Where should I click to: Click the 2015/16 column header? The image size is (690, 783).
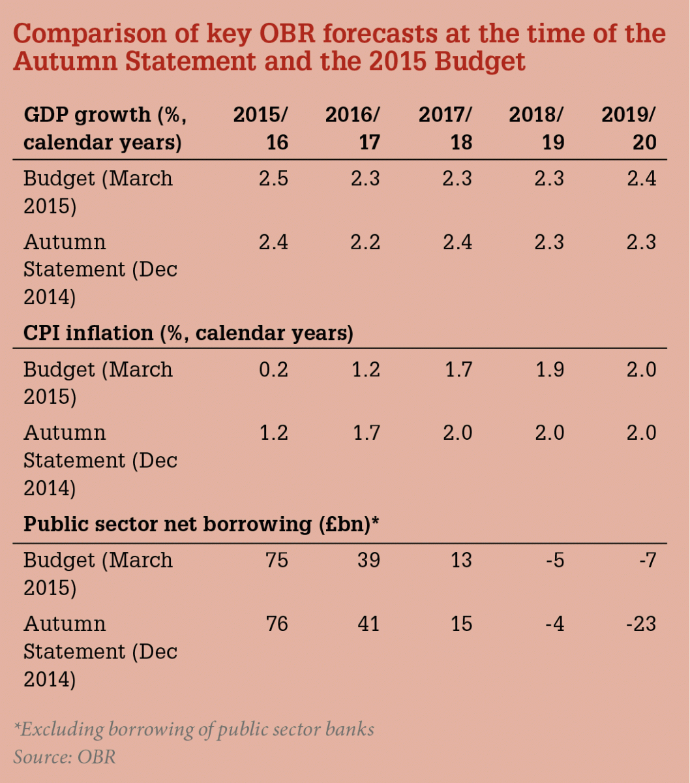[261, 129]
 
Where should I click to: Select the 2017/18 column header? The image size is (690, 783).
[445, 129]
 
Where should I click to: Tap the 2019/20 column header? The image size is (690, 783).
[629, 129]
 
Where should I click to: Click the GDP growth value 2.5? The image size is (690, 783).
[273, 179]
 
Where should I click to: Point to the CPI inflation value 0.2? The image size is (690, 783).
[273, 370]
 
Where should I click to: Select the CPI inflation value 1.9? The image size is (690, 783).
[549, 370]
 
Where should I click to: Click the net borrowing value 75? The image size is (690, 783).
[277, 560]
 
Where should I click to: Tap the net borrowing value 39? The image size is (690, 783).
[369, 560]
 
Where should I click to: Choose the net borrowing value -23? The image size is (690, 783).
[640, 624]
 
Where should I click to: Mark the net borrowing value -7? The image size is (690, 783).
[645, 560]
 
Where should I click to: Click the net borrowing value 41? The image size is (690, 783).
[369, 624]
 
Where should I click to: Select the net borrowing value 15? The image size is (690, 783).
[461, 624]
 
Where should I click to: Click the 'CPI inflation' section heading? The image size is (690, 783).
[188, 333]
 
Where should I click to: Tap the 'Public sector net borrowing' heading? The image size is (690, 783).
[202, 525]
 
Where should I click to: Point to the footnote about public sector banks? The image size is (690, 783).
[194, 729]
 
